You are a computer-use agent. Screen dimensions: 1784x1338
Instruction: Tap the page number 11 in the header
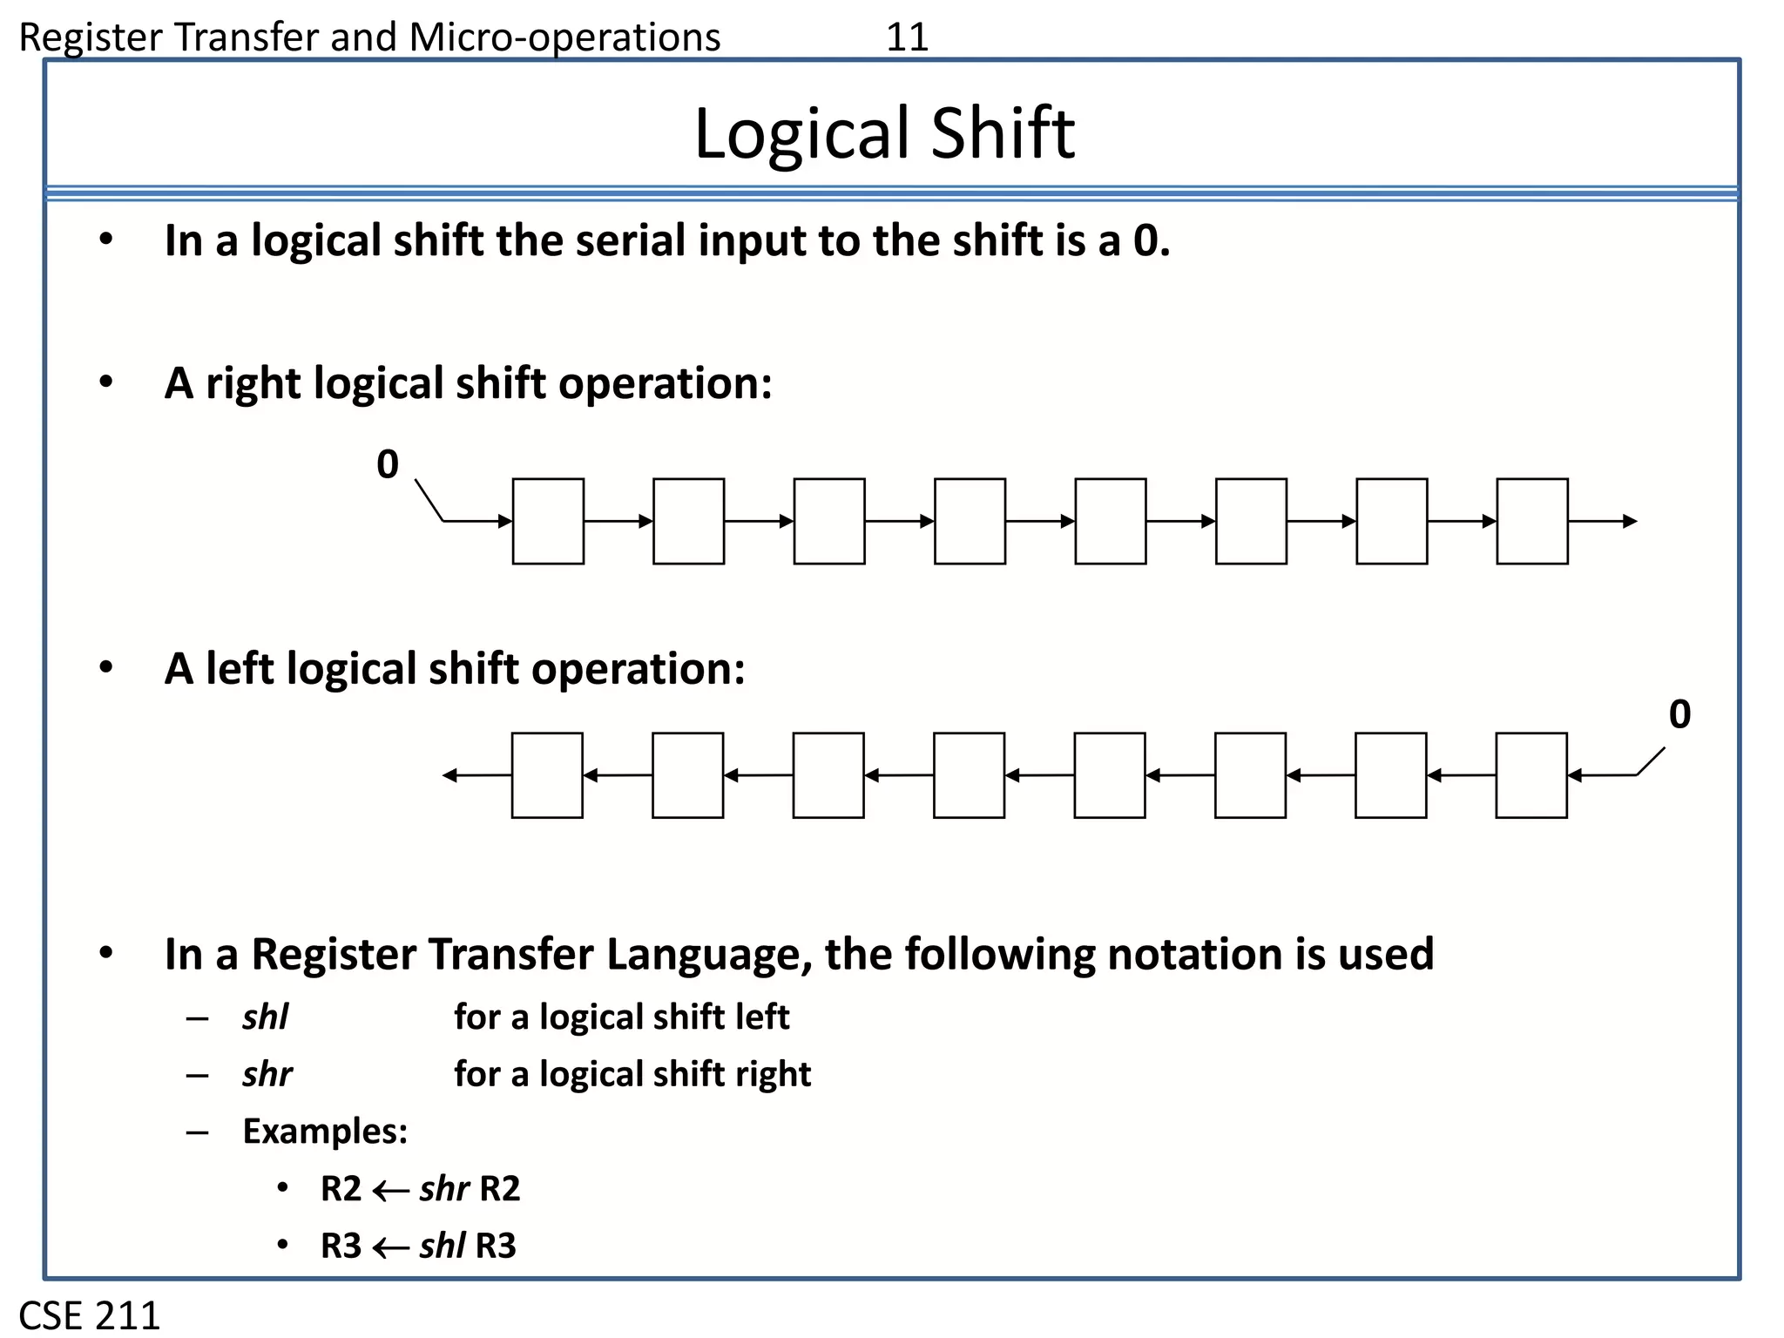tap(907, 37)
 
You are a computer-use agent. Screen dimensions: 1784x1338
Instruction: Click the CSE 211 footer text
tap(90, 1315)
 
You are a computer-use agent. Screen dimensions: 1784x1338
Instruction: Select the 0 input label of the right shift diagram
tap(388, 464)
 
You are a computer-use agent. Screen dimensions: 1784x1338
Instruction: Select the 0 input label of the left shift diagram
tap(1679, 714)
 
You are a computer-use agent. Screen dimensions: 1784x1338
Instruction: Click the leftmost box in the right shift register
tap(548, 521)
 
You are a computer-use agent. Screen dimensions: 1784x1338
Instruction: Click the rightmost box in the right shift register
tap(1532, 521)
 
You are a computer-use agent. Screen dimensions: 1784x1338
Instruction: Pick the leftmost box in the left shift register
tap(547, 775)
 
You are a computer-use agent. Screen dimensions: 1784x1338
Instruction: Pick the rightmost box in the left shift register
tap(1531, 775)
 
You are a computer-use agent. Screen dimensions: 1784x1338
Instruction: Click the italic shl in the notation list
tap(266, 1017)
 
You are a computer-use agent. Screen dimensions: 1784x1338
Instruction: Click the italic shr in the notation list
tap(267, 1074)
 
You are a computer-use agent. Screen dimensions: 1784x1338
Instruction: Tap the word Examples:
tap(325, 1132)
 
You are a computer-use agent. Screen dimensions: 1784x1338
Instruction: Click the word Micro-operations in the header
tap(564, 37)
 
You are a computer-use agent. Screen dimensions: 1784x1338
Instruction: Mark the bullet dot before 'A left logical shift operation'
tap(106, 668)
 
